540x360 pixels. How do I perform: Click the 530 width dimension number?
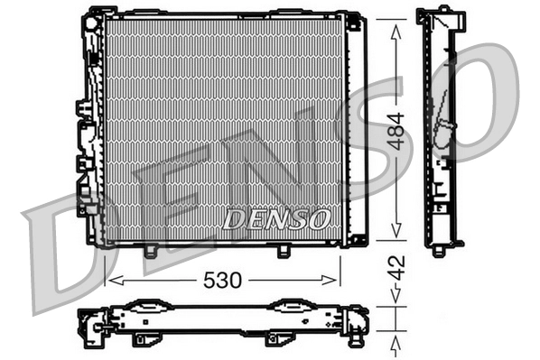point(222,281)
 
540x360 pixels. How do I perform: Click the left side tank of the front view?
point(90,126)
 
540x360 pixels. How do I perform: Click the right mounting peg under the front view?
point(283,251)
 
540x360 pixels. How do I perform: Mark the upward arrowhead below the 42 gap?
point(394,343)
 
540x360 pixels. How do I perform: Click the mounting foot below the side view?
point(438,249)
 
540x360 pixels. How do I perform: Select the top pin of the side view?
point(444,8)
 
